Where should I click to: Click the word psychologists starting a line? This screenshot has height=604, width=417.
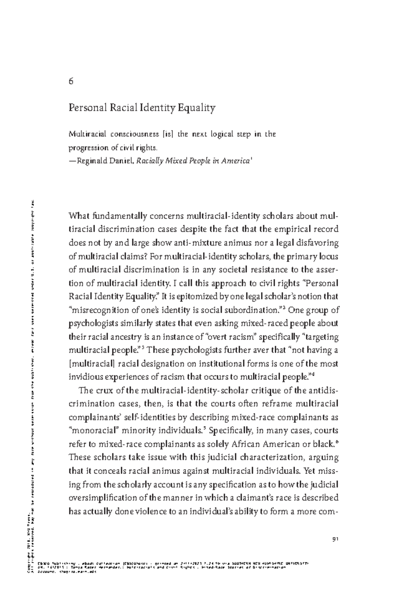(x=91, y=323)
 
